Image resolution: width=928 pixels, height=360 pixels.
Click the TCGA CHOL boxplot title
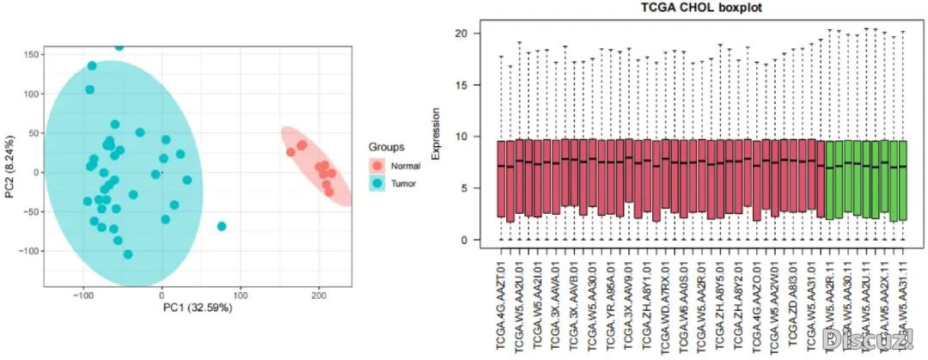tap(695, 8)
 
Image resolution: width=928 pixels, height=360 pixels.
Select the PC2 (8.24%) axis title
tap(9, 165)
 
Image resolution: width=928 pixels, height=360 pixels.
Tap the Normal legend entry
tap(405, 165)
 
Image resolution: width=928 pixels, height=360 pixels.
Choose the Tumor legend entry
tap(402, 184)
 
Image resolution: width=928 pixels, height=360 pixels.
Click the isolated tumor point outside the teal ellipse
tap(222, 226)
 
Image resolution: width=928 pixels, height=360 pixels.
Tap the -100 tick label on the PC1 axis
tap(82, 295)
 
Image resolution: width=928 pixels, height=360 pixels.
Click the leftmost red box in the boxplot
tap(501, 179)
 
